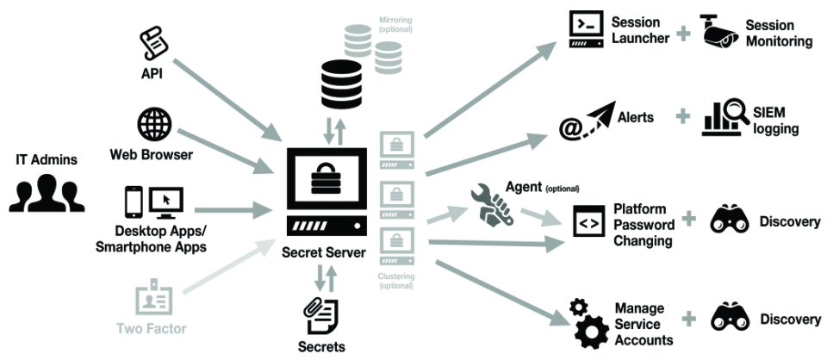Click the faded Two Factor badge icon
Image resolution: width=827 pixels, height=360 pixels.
(153, 299)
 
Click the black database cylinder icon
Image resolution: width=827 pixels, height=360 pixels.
(340, 83)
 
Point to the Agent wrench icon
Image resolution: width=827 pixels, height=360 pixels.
(492, 206)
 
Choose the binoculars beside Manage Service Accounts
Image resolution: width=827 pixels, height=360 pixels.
(730, 319)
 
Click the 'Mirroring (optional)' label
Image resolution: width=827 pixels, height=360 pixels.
(396, 23)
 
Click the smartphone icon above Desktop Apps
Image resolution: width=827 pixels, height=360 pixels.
(134, 202)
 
